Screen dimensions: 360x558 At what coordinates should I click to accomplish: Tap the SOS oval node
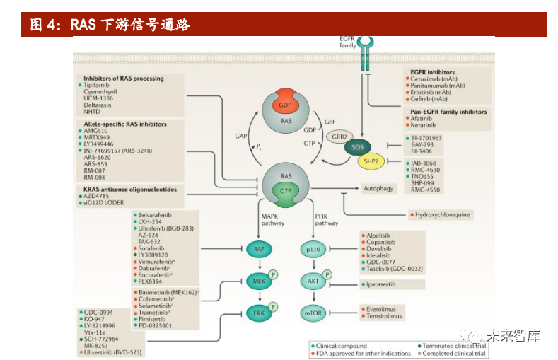tap(358, 148)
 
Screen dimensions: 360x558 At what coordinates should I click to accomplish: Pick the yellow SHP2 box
tap(371, 162)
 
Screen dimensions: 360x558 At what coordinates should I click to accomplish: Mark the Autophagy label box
tap(378, 189)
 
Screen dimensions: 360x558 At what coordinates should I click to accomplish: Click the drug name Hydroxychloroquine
tap(443, 214)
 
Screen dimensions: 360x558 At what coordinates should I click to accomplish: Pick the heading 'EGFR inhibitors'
tap(432, 72)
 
